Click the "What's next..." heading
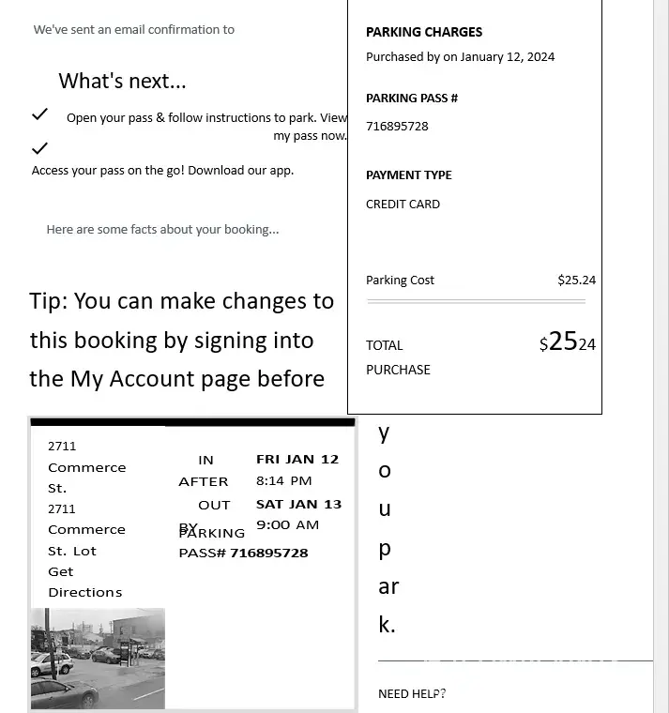[122, 81]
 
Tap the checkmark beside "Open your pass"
[39, 114]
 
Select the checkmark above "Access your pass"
[39, 148]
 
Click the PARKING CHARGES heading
[424, 32]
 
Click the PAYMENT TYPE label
[408, 175]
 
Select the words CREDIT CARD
[403, 205]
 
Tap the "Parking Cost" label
[400, 281]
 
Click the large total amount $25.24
[568, 342]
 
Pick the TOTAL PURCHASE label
[398, 357]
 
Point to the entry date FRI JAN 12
[297, 460]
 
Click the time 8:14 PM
[283, 480]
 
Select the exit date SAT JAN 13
[298, 504]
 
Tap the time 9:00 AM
[287, 525]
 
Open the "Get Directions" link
[84, 582]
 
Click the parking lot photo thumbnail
[98, 658]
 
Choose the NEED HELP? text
[412, 694]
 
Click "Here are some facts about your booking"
[162, 230]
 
